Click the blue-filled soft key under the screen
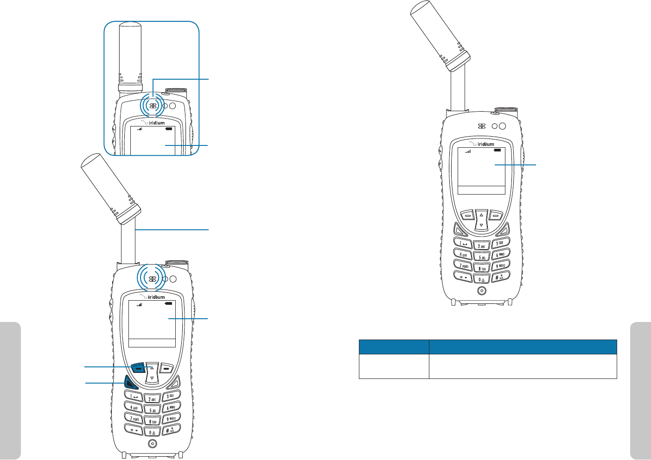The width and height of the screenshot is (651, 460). pos(138,368)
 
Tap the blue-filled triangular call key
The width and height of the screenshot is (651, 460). pos(130,383)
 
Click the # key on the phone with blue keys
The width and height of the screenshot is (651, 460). pos(171,429)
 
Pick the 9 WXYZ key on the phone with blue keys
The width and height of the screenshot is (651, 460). pos(172,418)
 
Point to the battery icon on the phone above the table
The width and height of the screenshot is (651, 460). pos(497,151)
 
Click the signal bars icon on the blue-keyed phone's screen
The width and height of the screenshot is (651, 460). pos(139,304)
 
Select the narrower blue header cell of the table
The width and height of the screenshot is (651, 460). pos(394,347)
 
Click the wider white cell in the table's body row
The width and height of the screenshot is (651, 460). pos(523,366)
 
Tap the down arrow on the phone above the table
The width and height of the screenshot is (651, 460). pos(481,225)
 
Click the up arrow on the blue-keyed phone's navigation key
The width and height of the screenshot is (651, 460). pos(151,368)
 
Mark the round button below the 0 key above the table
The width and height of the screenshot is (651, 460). pos(482,291)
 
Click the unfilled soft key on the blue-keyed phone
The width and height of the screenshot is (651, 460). pos(167,368)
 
